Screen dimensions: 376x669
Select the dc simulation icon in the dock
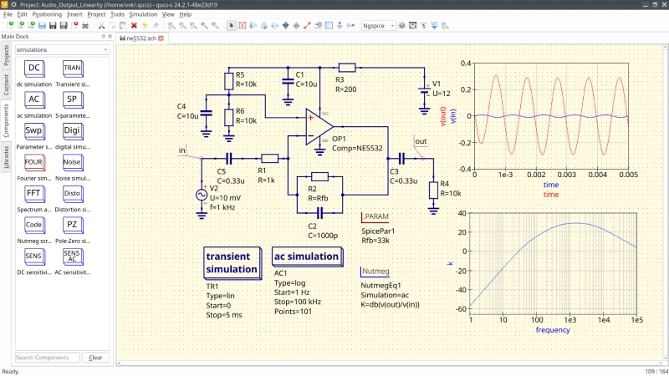point(33,68)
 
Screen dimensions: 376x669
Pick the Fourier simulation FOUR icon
point(33,162)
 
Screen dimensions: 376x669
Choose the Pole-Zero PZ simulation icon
point(72,225)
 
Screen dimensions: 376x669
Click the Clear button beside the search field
point(96,357)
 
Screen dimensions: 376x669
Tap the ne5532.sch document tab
point(140,38)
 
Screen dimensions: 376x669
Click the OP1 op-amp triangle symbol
point(314,129)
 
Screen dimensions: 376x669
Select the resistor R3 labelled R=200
point(347,67)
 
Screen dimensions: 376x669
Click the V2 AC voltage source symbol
point(202,194)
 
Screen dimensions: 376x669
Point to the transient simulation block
point(232,263)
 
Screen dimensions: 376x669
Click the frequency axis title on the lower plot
point(554,330)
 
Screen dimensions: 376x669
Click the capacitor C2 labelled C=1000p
point(319,212)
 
